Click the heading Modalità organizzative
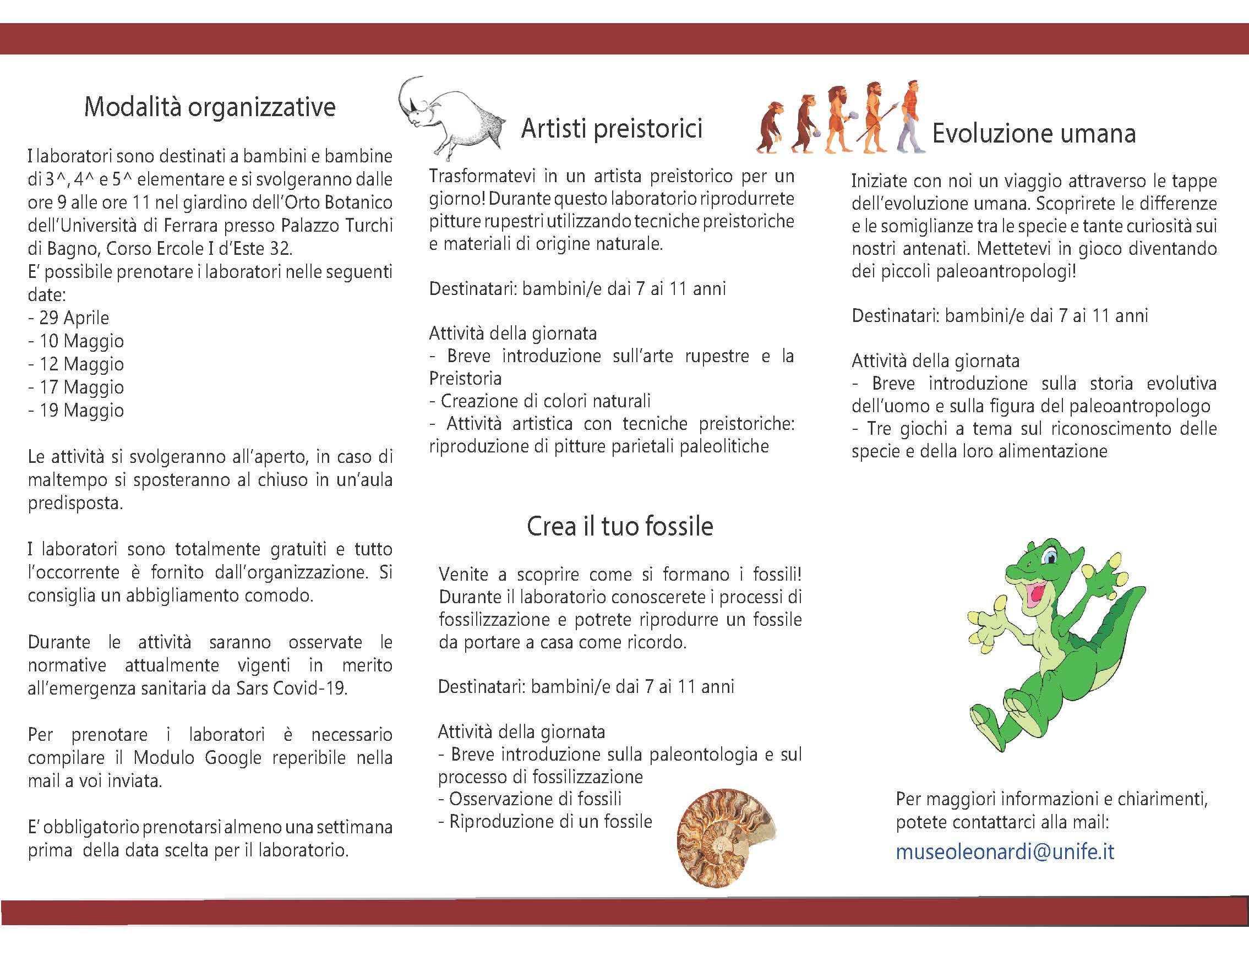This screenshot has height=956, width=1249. click(209, 107)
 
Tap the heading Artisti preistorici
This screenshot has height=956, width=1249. click(611, 129)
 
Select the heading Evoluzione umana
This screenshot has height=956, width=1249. click(1033, 134)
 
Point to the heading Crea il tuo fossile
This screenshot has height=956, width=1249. click(620, 526)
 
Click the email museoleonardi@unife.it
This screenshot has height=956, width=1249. click(1005, 852)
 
